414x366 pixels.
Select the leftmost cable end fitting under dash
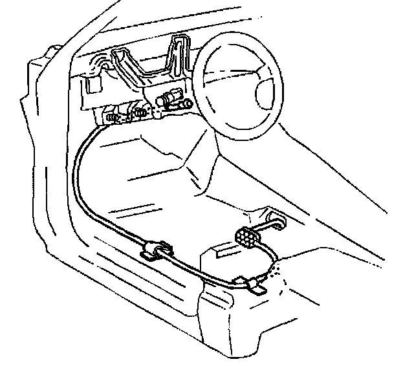pyautogui.click(x=113, y=118)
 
